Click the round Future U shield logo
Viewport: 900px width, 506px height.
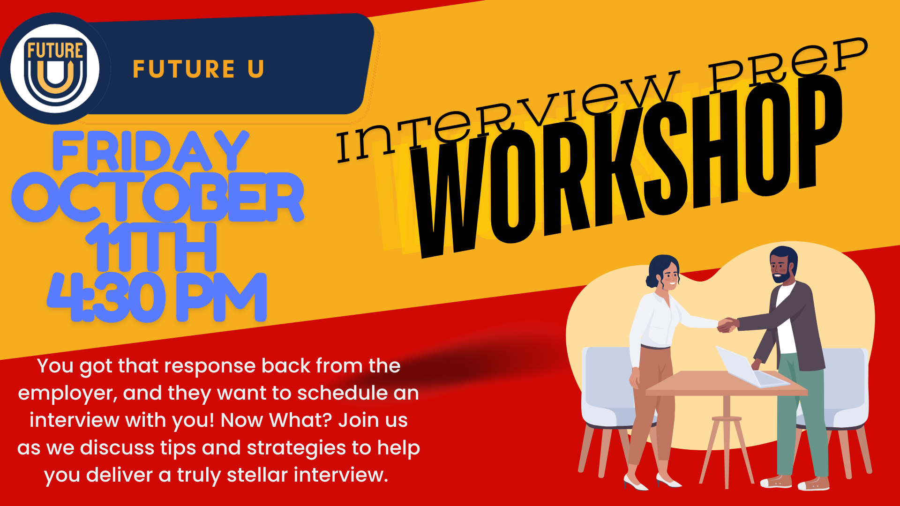pos(55,68)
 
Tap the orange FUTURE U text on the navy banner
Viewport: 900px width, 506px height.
pos(198,69)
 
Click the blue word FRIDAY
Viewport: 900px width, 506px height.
pos(150,151)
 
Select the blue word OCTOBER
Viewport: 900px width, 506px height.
pos(158,197)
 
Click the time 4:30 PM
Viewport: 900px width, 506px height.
pos(157,298)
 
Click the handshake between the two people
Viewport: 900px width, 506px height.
pos(727,324)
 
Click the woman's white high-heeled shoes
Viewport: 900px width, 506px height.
pos(652,482)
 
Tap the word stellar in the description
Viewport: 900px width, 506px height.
pos(257,475)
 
